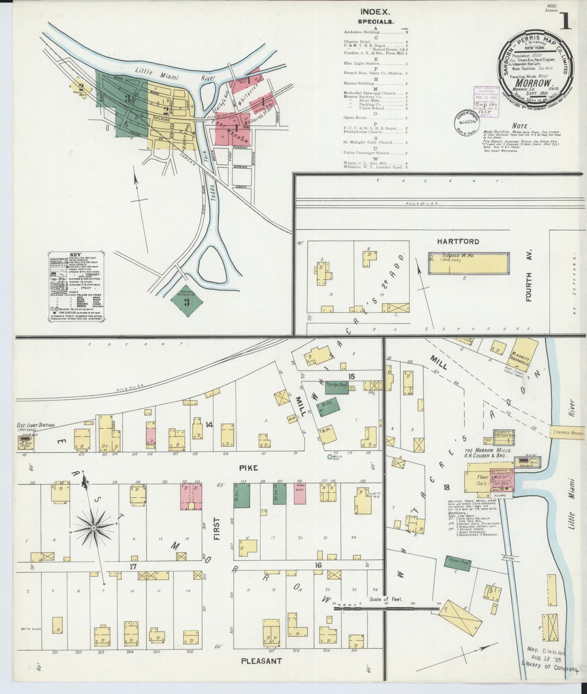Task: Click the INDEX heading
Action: pos(375,12)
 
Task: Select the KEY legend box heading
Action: pos(75,254)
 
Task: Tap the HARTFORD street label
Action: pos(458,241)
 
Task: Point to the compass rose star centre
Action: pos(93,528)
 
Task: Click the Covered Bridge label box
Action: pos(568,433)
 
